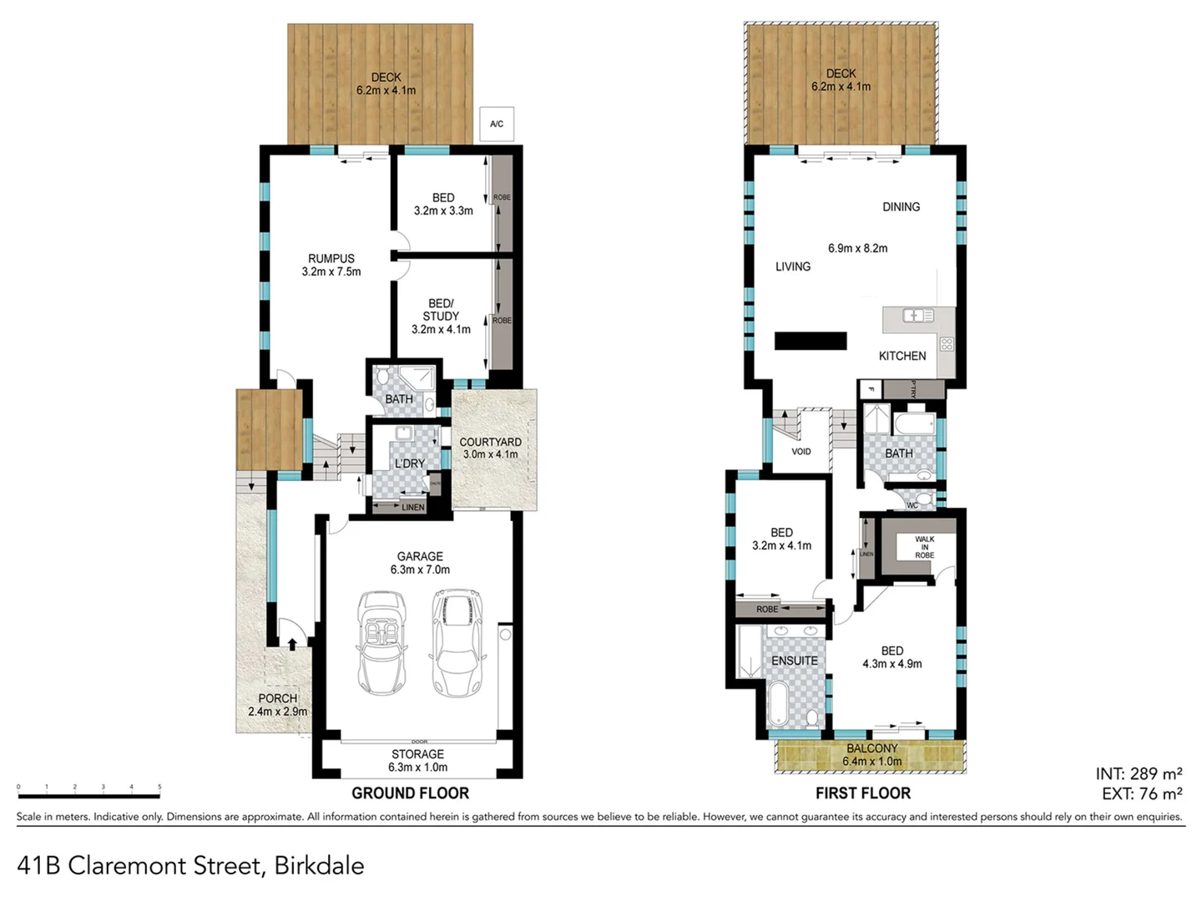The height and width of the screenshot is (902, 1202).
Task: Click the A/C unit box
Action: [x=497, y=124]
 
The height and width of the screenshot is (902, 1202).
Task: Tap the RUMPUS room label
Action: [x=331, y=259]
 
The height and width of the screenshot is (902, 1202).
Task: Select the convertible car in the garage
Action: [x=382, y=642]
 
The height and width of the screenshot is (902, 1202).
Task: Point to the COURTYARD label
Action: [x=490, y=442]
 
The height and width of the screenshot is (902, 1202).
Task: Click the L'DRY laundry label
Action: [x=409, y=464]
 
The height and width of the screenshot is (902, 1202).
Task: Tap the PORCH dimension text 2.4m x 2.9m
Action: [x=277, y=712]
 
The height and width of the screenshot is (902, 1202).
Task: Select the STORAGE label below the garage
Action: [x=417, y=754]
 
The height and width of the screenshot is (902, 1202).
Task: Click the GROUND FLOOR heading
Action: [x=410, y=793]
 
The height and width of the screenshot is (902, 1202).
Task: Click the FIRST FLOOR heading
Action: [x=863, y=793]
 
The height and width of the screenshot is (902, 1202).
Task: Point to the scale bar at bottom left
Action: [x=88, y=787]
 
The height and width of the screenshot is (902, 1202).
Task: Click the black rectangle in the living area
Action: [x=811, y=341]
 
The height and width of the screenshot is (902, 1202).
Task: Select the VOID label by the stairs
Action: [x=800, y=452]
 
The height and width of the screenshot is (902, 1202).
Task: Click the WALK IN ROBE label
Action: [x=924, y=547]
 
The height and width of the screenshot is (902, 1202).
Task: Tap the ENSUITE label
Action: [x=794, y=661]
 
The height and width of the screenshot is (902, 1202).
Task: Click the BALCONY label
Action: [x=871, y=749]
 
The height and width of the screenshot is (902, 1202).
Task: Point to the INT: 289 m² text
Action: [x=1139, y=774]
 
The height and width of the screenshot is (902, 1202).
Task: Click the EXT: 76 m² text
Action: [x=1141, y=793]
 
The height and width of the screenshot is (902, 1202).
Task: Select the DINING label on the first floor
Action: [x=901, y=207]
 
